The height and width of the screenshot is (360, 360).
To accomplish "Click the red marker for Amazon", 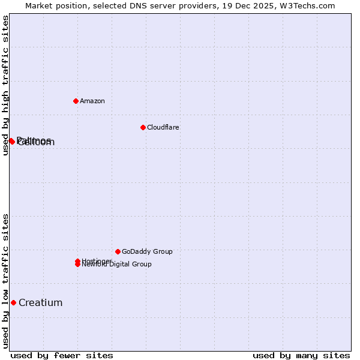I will click(x=76, y=101).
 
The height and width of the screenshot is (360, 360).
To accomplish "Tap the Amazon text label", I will click(x=92, y=101).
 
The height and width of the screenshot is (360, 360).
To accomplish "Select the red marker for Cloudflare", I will click(x=143, y=127).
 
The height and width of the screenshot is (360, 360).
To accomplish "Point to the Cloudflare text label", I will click(x=163, y=127).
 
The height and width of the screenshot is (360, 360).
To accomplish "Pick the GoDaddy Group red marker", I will click(x=118, y=251).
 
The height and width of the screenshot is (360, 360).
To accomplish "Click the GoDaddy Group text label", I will click(x=147, y=251).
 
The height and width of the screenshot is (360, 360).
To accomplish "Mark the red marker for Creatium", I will click(x=13, y=302).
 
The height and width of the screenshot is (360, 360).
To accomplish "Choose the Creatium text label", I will click(x=41, y=302).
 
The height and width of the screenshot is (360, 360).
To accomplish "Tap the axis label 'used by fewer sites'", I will click(x=62, y=355).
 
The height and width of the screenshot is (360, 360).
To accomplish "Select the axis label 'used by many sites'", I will click(x=301, y=355).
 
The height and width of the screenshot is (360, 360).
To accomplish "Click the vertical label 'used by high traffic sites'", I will click(x=5, y=85).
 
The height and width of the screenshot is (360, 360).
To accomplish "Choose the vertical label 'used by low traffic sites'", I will click(x=5, y=281).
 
